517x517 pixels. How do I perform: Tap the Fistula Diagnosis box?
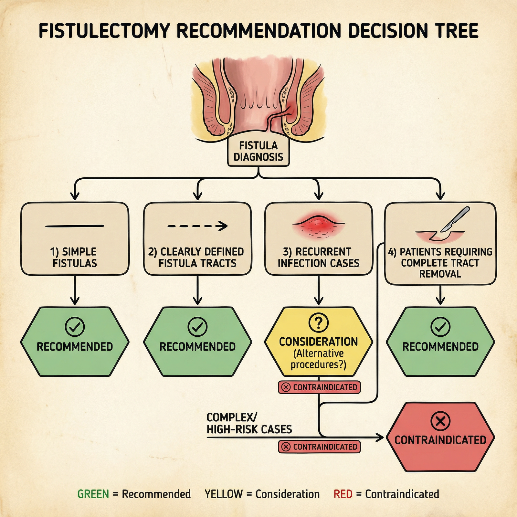click(258, 151)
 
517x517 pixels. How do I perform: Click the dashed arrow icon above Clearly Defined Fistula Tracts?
click(197, 226)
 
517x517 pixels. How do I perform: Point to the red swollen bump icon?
click(319, 225)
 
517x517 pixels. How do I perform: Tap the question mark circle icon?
click(318, 322)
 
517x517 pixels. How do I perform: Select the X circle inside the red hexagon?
click(440, 421)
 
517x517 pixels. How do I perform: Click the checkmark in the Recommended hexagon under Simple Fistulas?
click(75, 327)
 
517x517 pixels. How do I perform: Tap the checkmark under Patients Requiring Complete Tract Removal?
click(440, 327)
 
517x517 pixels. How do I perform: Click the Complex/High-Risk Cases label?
click(249, 423)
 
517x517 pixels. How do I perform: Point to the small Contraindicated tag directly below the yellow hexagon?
click(319, 387)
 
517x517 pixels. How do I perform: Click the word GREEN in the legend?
click(93, 494)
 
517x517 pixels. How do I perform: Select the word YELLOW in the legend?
click(223, 494)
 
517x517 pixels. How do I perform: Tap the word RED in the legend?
click(343, 494)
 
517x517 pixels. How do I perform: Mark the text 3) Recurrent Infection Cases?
click(319, 257)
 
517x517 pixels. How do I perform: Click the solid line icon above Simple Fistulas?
click(75, 226)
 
